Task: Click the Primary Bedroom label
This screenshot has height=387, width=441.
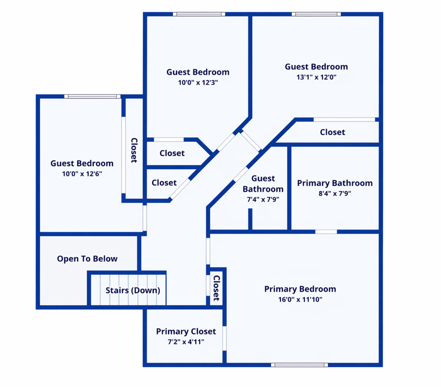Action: coord(300,289)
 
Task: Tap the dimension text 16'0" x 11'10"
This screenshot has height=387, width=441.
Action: coord(300,299)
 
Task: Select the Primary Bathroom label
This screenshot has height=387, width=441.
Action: coord(335,183)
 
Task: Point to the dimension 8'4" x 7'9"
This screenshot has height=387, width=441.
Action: coord(335,193)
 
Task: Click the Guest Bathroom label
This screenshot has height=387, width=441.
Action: coord(263,184)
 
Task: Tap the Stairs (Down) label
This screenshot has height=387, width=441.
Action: coord(133,290)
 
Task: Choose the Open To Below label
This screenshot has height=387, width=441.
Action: coord(87,259)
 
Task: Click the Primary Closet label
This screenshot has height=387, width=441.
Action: coord(186,331)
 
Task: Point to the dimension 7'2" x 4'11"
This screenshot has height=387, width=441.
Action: coord(186,342)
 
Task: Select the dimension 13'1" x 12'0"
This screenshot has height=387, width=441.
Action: coord(316,77)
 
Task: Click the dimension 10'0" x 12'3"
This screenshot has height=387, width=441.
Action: coord(198,82)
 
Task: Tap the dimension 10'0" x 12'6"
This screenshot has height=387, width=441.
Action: coord(82,174)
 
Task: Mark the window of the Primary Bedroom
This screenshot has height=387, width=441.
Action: coord(299,365)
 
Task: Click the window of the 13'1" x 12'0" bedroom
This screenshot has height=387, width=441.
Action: coord(316,14)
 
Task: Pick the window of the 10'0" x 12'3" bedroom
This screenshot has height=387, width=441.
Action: coord(199,14)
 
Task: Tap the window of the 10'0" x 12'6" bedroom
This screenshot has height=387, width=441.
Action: coord(92,96)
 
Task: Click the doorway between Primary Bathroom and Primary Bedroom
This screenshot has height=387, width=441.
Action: coord(326,232)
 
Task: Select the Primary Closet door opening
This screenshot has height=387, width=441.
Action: coord(224,338)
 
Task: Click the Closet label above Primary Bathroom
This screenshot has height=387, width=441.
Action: coord(332,132)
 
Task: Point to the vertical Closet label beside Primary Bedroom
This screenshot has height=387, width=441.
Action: coord(216,288)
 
